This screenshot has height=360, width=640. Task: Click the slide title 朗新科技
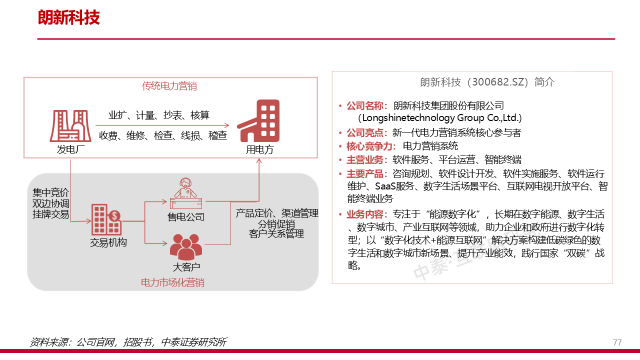pyautogui.click(x=69, y=18)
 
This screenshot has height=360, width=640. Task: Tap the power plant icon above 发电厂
pyautogui.click(x=69, y=125)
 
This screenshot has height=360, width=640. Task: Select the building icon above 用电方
pyautogui.click(x=259, y=121)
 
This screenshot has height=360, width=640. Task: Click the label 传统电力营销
pyautogui.click(x=169, y=86)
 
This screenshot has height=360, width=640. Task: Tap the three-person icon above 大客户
pyautogui.click(x=185, y=246)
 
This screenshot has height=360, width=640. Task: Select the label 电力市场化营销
pyautogui.click(x=172, y=282)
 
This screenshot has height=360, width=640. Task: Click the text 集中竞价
pyautogui.click(x=51, y=193)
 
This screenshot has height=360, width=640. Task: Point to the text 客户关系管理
pyautogui.click(x=276, y=233)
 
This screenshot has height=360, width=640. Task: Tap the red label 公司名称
pyautogui.click(x=366, y=106)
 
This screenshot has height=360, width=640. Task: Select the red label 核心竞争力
pyautogui.click(x=371, y=146)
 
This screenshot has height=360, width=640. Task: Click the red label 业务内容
pyautogui.click(x=366, y=214)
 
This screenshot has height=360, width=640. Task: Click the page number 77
pyautogui.click(x=617, y=342)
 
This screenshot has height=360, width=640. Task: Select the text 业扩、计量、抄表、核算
pyautogui.click(x=159, y=115)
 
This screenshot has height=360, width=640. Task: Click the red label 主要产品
pyautogui.click(x=366, y=174)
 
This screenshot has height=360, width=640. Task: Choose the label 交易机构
pyautogui.click(x=108, y=243)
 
